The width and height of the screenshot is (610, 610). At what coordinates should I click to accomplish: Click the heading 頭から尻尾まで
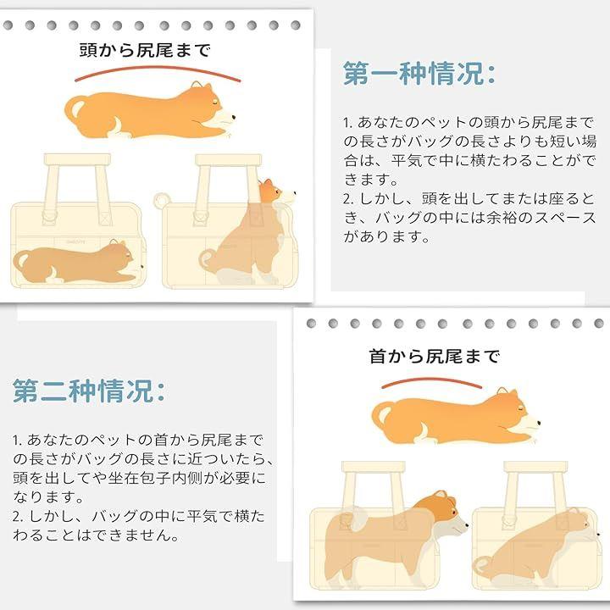pos(145,50)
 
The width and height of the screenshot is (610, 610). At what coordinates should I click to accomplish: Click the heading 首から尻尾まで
pos(434,356)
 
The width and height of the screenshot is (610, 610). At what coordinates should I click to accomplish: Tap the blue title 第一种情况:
pos(419,73)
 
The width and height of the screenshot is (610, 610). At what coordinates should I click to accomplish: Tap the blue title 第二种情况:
pos(89,391)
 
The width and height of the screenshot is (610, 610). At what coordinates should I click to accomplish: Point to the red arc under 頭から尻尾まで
pos(158,69)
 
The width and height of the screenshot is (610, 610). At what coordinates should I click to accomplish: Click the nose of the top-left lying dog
pos(234,116)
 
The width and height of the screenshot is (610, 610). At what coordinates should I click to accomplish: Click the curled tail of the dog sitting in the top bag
pos(208,259)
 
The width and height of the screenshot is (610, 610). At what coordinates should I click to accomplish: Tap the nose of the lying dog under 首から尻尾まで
pos(539,423)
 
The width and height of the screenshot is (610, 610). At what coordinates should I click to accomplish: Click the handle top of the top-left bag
pos(77,159)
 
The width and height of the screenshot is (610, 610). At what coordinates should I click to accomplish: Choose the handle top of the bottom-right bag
pos(535,467)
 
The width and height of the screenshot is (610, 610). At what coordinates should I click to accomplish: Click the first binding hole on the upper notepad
pos(8,25)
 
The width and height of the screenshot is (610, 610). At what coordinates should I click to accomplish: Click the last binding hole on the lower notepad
pos(599,324)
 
